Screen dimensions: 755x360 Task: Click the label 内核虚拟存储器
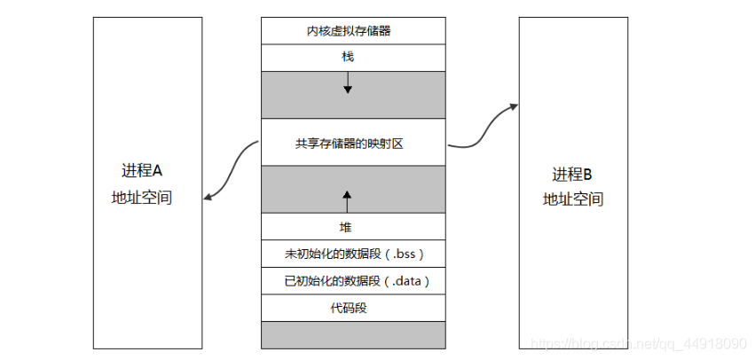349,31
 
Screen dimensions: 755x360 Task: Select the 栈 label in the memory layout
348,57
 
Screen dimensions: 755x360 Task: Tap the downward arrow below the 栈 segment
348,82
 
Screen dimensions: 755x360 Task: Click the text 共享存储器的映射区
349,144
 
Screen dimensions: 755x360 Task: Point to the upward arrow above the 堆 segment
347,201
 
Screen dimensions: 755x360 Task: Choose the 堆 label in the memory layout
346,227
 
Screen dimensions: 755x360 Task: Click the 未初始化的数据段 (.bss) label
354,254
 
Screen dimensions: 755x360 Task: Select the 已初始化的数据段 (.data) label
357,281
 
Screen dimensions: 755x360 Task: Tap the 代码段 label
349,308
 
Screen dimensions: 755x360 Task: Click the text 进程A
143,170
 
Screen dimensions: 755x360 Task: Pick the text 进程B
572,174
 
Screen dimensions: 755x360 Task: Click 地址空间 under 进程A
142,198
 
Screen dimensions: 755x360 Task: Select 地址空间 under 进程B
573,199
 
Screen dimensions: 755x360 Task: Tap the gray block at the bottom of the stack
353,335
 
